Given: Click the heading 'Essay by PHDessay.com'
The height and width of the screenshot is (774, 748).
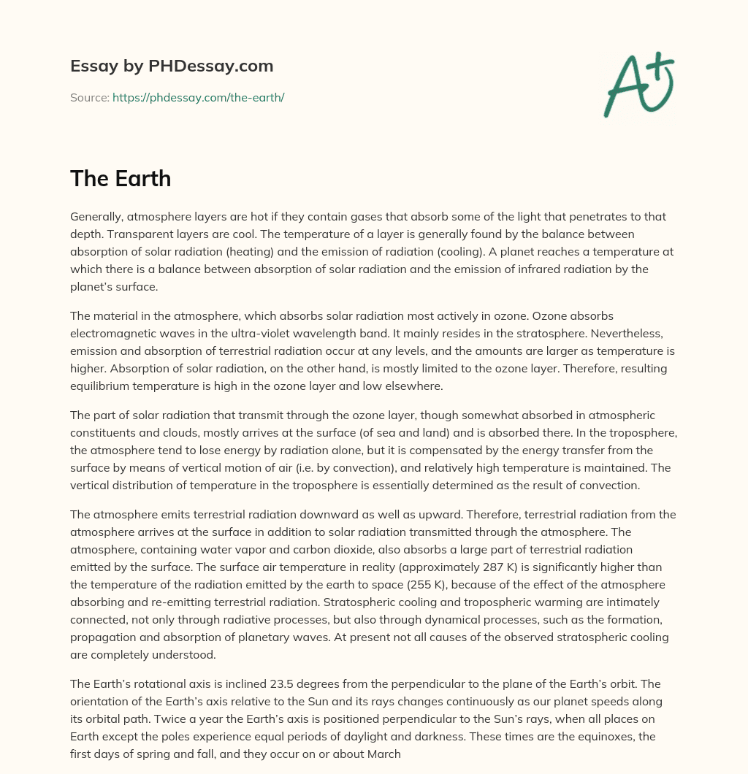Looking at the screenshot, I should point(172,66).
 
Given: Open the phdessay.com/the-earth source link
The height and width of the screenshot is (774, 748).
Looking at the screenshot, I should point(198,97).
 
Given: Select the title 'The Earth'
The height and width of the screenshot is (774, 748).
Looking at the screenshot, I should point(121,178).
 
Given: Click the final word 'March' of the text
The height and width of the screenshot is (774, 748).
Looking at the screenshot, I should point(383,754).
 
